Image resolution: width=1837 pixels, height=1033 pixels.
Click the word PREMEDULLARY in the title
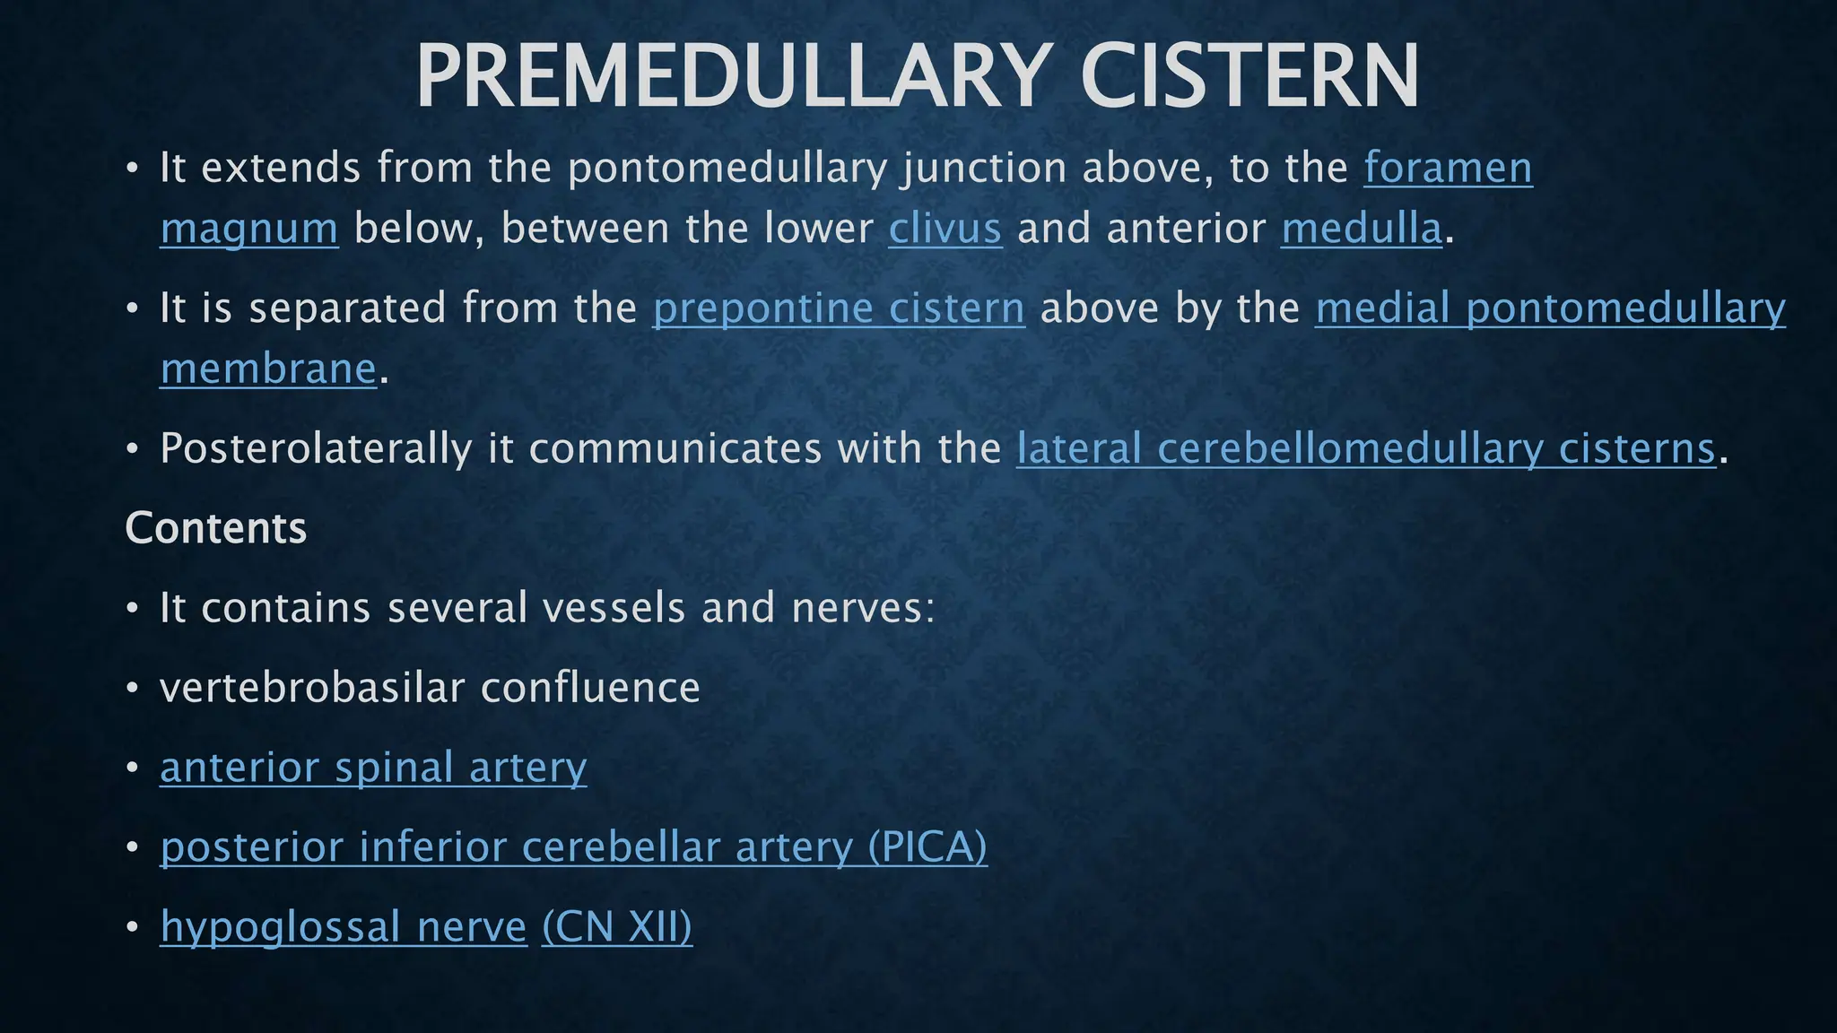(x=732, y=77)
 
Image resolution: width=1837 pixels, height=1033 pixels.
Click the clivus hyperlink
(x=945, y=229)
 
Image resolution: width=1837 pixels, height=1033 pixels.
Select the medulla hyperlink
(x=1361, y=229)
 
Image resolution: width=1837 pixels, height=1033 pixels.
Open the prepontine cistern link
(x=839, y=308)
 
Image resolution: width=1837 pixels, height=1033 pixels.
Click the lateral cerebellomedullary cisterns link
(x=1365, y=448)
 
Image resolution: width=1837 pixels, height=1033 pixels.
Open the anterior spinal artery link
(x=373, y=768)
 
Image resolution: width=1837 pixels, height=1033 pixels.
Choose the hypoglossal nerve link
(x=344, y=926)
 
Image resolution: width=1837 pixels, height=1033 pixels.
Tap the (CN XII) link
(x=617, y=926)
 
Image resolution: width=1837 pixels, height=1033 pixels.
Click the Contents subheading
(x=216, y=528)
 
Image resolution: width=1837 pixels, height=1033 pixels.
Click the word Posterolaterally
(x=315, y=448)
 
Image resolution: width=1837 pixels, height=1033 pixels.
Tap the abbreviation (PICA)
(x=927, y=847)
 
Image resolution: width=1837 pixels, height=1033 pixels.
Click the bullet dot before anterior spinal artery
(x=133, y=768)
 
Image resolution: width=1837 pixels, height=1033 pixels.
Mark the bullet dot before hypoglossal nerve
(x=133, y=927)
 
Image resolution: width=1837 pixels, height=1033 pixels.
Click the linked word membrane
(x=268, y=369)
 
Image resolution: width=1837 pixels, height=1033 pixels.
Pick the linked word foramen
(x=1448, y=169)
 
